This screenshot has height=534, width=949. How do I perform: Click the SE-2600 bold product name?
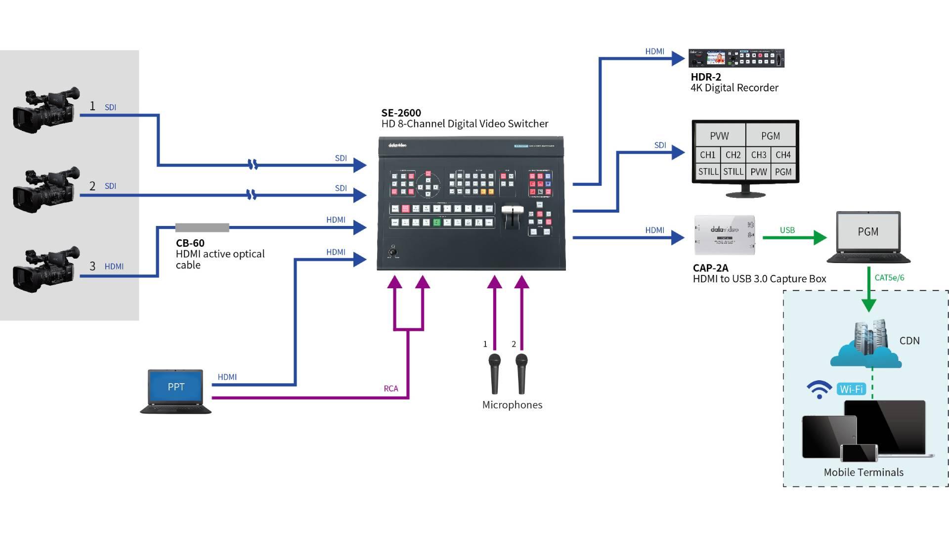[401, 113]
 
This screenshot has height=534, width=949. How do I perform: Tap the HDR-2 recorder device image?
[736, 58]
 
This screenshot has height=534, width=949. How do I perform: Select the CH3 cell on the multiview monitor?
[758, 155]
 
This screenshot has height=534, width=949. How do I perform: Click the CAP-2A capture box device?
[725, 235]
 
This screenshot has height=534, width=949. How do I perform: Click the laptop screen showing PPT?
[175, 387]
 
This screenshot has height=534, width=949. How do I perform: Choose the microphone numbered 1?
[494, 373]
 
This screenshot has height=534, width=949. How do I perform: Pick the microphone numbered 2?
[521, 373]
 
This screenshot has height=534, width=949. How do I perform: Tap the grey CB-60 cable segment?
[202, 227]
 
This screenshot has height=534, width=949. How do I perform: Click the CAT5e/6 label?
[889, 278]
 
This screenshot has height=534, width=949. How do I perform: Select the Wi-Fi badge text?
[851, 389]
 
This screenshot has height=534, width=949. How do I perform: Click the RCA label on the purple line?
[390, 389]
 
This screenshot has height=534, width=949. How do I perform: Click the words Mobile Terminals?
[863, 472]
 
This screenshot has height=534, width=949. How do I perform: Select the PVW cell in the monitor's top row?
[719, 136]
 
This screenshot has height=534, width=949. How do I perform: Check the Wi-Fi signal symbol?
[819, 389]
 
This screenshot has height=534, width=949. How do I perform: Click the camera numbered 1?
[46, 109]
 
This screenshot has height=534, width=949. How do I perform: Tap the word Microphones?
[512, 405]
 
